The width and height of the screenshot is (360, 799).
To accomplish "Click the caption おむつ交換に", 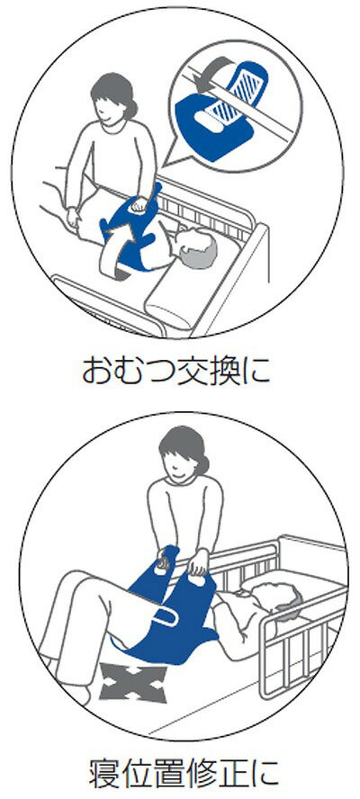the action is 175,371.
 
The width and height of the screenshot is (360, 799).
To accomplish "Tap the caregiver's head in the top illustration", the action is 112,99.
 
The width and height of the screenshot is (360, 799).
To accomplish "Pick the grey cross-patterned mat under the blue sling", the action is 133,679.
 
